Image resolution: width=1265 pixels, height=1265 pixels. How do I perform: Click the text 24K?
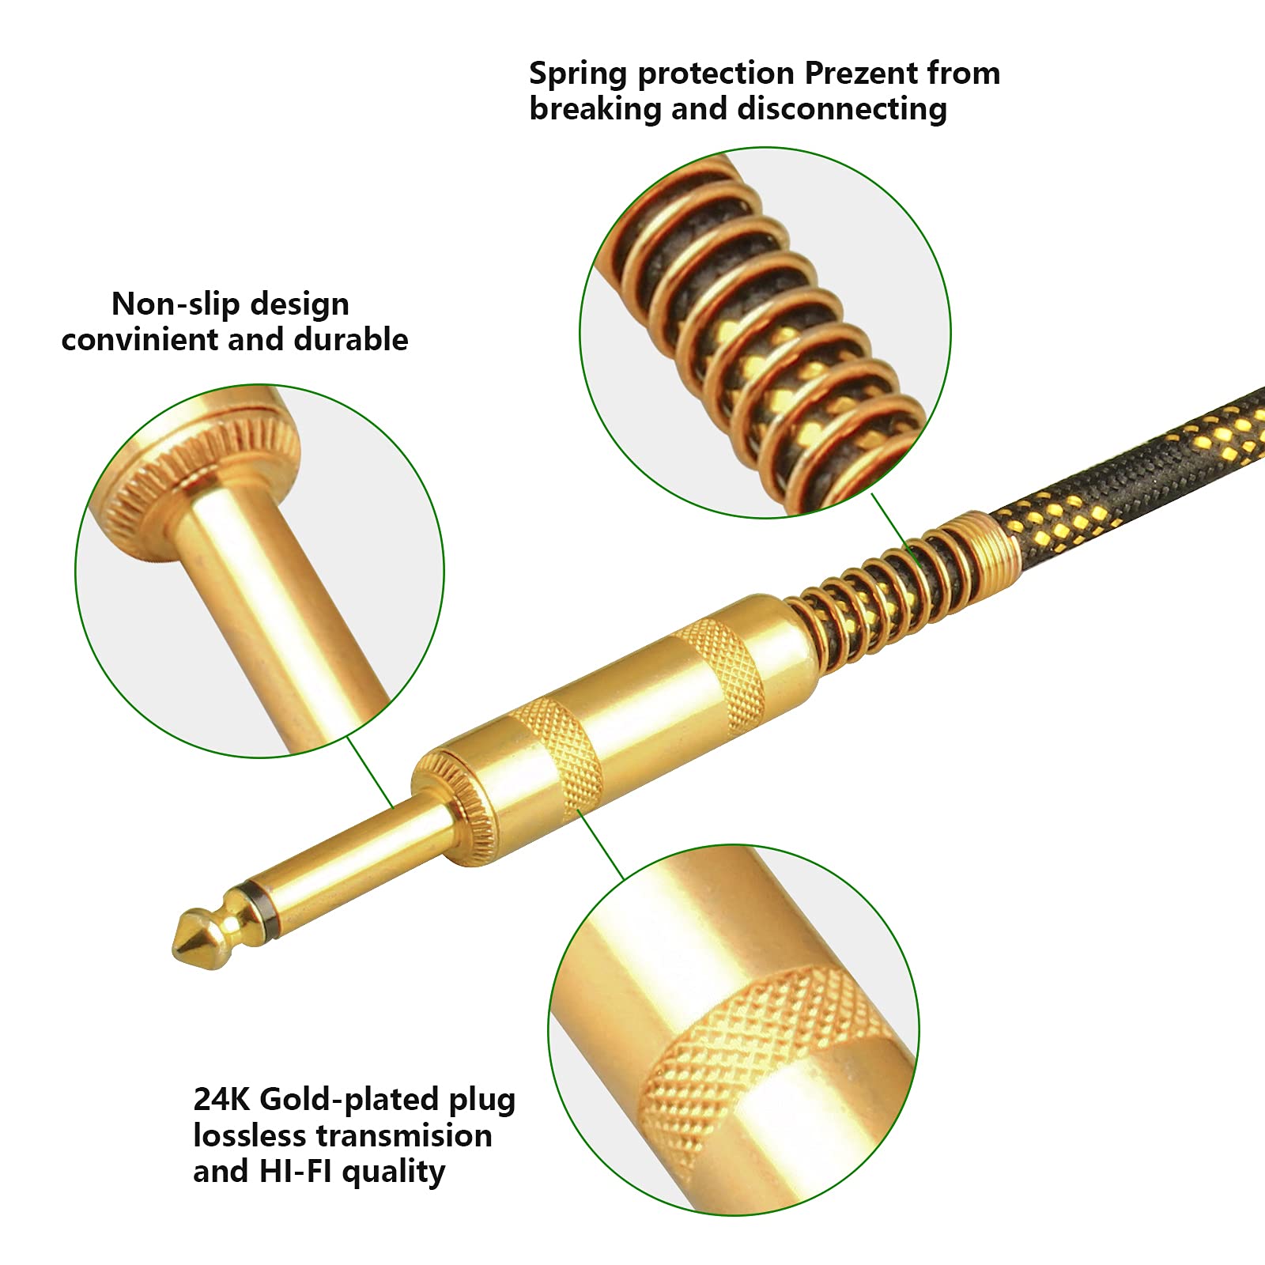[x=222, y=1100]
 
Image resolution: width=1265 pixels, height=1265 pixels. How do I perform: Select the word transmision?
[x=404, y=1137]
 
